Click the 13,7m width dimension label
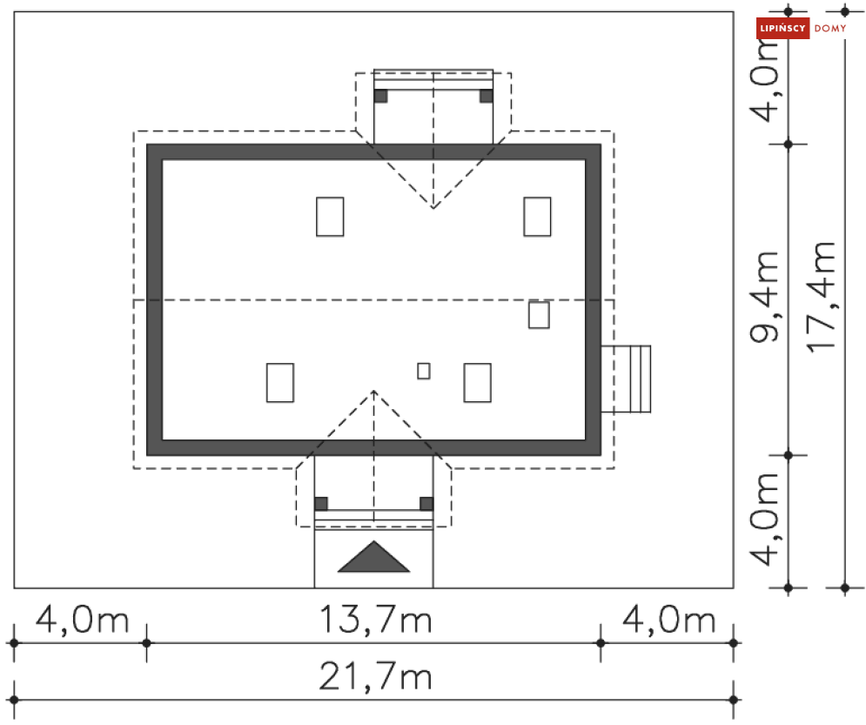pos(376,620)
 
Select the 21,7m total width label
pos(376,677)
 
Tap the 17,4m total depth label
pos(820,297)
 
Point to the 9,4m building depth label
pos(764,297)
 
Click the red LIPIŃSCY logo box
pos(782,28)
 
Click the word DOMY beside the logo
pos(830,28)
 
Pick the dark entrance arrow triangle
pos(374,557)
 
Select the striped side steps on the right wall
pos(626,379)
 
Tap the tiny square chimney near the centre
pos(424,371)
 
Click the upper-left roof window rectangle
pos(330,217)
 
